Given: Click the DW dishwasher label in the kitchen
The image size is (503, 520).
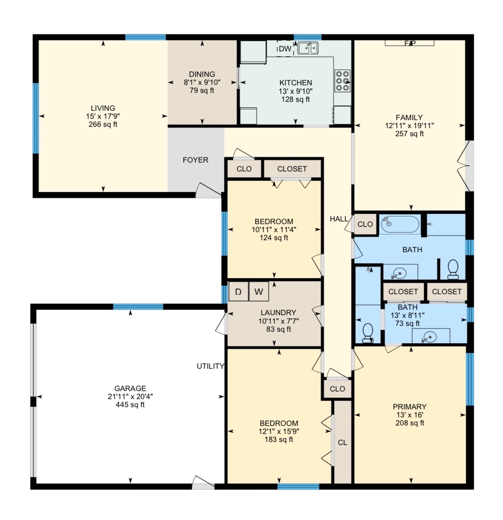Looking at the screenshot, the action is coord(285,49).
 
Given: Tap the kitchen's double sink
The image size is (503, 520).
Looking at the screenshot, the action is coord(308,48).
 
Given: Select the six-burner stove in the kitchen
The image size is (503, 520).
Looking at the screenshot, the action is coord(342,81).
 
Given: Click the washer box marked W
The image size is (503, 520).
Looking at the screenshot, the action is coord(259,291).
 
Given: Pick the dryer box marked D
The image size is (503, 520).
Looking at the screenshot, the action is coord(238,291).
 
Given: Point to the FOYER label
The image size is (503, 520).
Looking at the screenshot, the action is coord(195,160).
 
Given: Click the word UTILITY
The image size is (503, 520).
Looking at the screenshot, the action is coord(210,366).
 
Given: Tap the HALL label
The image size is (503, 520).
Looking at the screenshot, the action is coord(339,219).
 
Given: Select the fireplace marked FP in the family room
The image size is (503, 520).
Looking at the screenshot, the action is coord(409,43).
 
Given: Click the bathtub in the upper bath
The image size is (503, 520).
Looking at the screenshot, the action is coord(400,224).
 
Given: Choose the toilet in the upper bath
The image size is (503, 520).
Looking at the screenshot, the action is coord(453,269).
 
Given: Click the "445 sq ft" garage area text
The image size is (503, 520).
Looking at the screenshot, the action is coord(130,404).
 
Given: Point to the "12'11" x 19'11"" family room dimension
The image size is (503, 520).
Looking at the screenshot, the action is coord(409,126).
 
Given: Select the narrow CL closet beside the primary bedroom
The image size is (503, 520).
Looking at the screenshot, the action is coord(342,442).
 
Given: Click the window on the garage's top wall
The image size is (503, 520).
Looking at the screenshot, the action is coord(138,307).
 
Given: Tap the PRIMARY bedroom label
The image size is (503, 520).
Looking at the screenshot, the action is coord(410,407).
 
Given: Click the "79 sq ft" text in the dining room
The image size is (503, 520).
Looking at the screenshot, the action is coord(202,90).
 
